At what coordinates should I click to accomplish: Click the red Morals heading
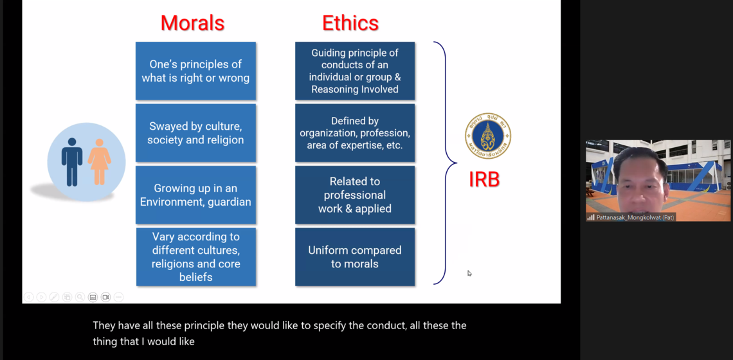[192, 23]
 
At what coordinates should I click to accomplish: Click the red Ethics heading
[350, 23]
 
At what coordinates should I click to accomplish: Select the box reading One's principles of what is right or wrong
[195, 71]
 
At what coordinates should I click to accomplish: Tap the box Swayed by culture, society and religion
[195, 133]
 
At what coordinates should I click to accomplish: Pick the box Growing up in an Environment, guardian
[195, 195]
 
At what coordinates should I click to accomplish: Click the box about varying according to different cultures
[195, 256]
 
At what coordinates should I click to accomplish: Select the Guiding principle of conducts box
[355, 71]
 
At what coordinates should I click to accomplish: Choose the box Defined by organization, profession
[355, 133]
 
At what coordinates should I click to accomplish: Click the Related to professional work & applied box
[355, 195]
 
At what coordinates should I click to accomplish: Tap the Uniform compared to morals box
[355, 256]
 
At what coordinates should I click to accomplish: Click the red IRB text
[484, 179]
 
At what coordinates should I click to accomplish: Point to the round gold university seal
[487, 136]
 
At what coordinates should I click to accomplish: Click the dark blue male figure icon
[72, 161]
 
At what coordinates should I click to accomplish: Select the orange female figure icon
[99, 161]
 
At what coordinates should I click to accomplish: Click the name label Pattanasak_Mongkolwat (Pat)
[634, 217]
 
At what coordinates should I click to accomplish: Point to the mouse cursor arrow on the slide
[469, 273]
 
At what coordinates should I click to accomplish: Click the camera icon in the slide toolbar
[105, 297]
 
